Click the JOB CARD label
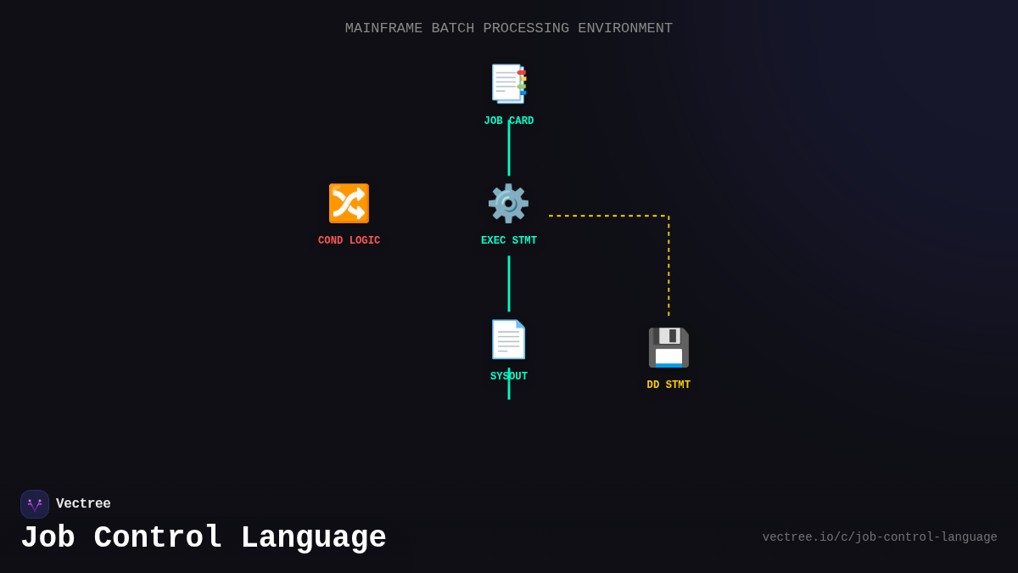(509, 121)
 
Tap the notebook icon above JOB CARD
(509, 84)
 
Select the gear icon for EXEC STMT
(508, 204)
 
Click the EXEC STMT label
(509, 241)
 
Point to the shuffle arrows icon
(349, 204)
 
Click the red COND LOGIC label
(349, 241)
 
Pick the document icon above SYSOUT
(508, 340)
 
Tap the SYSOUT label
(509, 377)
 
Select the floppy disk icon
(668, 347)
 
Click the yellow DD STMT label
(668, 385)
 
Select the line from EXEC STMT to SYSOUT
(509, 284)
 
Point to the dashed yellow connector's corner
(668, 216)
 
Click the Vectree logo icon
(35, 504)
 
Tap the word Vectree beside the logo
(83, 504)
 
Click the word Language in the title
(313, 538)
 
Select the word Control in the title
(158, 538)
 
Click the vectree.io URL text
(880, 537)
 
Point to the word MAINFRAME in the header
(383, 28)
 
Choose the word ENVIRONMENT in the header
(625, 28)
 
